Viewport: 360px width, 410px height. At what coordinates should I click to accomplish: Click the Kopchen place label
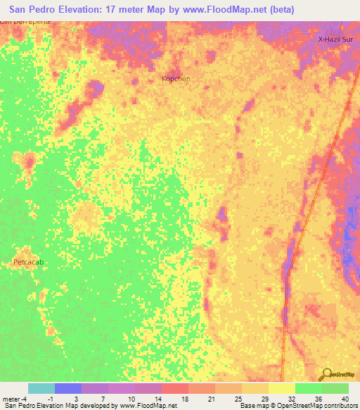pos(176,79)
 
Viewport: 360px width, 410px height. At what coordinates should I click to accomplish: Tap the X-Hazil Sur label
pos(335,39)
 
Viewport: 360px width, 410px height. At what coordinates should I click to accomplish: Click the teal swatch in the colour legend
pos(41,388)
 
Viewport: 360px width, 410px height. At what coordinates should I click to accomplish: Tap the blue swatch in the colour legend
pos(67,388)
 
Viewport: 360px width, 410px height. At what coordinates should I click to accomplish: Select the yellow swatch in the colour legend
pos(281,388)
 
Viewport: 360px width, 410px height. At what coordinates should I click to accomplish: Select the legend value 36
pos(319,398)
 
